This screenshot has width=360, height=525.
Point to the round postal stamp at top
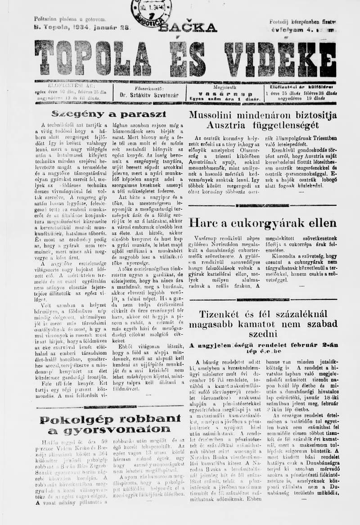click(151, 11)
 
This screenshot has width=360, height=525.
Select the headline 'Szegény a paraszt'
click(109, 114)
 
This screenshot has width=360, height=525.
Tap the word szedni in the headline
click(263, 334)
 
